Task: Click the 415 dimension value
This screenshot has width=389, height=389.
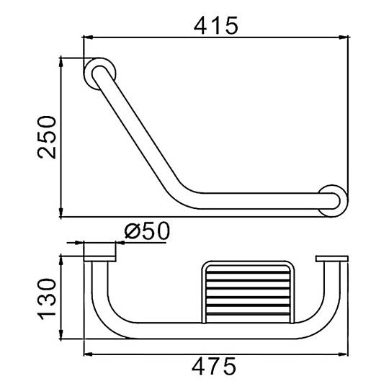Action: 216,25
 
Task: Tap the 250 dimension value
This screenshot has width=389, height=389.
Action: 47,137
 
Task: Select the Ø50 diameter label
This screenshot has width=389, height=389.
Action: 148,231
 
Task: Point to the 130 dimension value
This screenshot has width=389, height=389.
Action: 47,299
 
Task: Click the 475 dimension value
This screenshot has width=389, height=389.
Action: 214,367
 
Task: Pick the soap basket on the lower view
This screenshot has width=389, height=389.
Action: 248,292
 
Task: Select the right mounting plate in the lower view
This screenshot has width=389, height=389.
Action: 332,259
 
